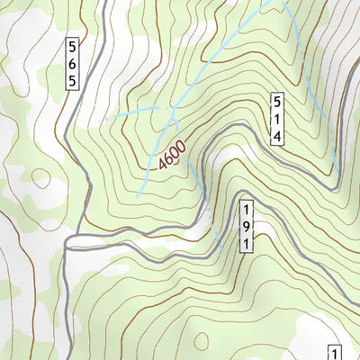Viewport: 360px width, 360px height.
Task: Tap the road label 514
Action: (279, 119)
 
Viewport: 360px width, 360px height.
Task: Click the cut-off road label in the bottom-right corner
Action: (335, 353)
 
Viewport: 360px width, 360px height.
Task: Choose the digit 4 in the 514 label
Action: (279, 135)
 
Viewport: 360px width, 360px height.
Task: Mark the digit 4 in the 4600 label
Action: (162, 166)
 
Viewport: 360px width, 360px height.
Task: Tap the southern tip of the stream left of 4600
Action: (138, 195)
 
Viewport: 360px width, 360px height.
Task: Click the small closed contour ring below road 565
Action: (41, 178)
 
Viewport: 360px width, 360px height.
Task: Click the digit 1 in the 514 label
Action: (279, 119)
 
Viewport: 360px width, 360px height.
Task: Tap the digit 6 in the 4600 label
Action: (167, 157)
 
